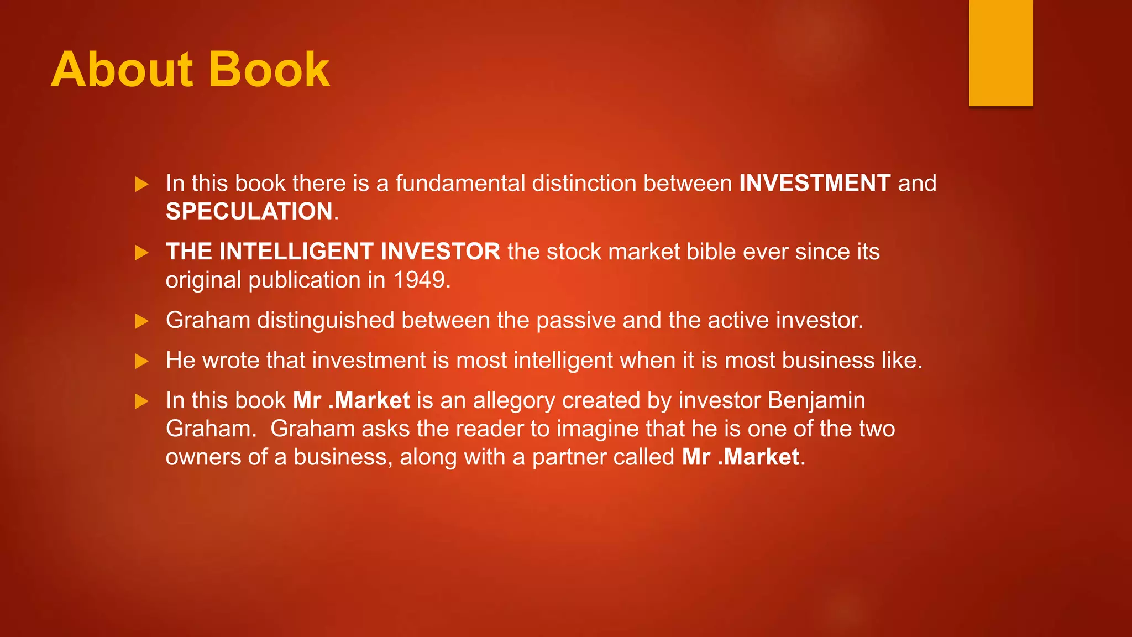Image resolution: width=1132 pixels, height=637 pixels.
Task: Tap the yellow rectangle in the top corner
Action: click(1000, 53)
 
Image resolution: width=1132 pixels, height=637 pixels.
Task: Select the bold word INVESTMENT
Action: click(815, 183)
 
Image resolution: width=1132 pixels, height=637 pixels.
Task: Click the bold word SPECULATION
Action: click(249, 211)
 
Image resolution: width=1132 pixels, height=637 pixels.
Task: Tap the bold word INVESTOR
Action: click(440, 252)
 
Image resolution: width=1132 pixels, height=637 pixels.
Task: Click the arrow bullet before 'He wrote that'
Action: click(141, 362)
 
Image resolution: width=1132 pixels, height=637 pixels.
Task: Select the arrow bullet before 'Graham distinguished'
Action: click(141, 321)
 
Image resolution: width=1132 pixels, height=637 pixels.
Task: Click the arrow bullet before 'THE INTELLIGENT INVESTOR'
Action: click(141, 253)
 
